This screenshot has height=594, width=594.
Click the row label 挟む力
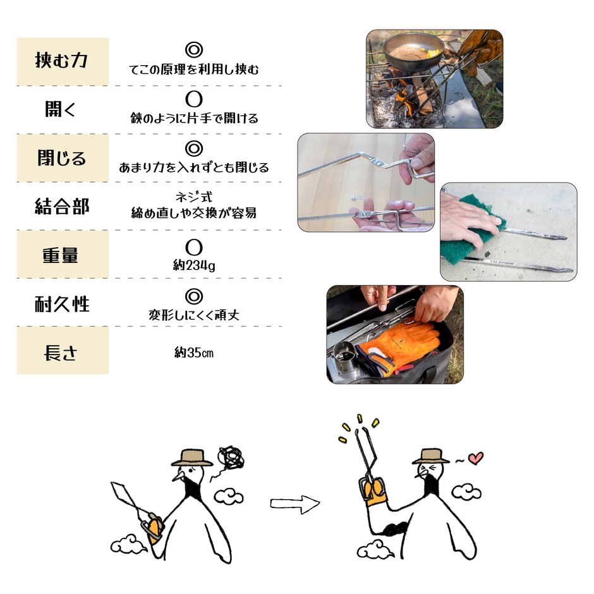[x=62, y=61]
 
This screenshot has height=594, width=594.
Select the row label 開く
[x=62, y=109]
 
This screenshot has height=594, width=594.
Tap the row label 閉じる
[x=62, y=157]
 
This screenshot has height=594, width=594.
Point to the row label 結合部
[x=62, y=206]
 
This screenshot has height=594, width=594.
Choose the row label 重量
[x=62, y=254]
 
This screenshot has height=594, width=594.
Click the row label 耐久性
[x=62, y=303]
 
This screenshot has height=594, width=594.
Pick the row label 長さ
[x=62, y=351]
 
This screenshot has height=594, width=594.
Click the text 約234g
[x=194, y=266]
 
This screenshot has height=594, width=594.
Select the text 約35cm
[x=194, y=352]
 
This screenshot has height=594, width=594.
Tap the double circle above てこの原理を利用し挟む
[x=194, y=50]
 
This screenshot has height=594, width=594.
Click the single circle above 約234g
[x=194, y=244]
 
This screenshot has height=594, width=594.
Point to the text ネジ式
[x=194, y=198]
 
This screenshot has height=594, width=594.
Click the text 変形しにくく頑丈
[x=194, y=314]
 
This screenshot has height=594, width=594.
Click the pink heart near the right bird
[x=476, y=458]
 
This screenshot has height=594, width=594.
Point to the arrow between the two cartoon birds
[x=294, y=504]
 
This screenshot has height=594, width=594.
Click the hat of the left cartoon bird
[x=191, y=458]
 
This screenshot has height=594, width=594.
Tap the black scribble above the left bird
[x=231, y=458]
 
